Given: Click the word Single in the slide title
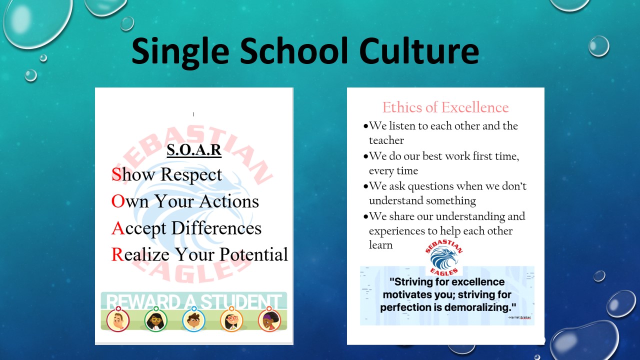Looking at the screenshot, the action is coord(180,53).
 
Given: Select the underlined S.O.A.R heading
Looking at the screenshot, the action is coord(194,149).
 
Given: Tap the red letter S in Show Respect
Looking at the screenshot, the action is coord(116,174).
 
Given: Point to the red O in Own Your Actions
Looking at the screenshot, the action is coord(118,201).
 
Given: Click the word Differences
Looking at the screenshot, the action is coord(216,228).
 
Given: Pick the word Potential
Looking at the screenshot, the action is coord(253,254).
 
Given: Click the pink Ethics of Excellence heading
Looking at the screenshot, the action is coord(445,107).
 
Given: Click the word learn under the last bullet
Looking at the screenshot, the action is coord(380,245).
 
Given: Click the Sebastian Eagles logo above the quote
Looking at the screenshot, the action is coord(444,257).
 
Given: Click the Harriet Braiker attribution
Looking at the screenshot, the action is coord(519,317).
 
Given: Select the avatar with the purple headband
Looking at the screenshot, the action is coord(269,319).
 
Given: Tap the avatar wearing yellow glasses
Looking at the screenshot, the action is coord(155,319).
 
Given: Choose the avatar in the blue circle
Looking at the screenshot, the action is coord(193,319).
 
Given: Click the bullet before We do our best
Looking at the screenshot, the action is coord(365,156).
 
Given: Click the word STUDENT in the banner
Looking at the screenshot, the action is coord(241,301).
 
